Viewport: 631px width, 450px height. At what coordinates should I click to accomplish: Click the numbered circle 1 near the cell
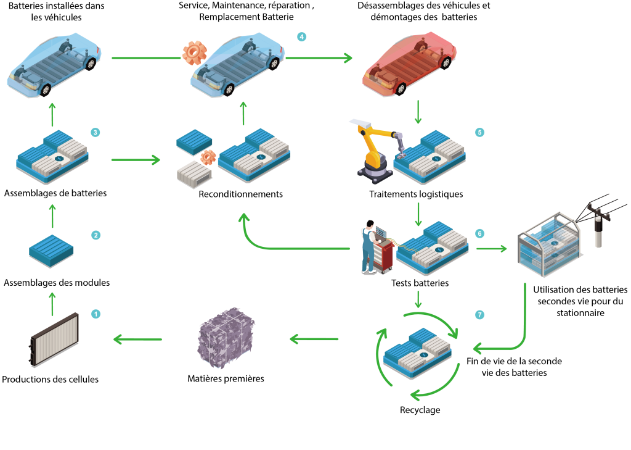click(96, 314)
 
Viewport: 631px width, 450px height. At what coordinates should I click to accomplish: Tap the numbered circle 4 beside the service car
click(301, 36)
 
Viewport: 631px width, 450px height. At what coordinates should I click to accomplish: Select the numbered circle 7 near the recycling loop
click(479, 315)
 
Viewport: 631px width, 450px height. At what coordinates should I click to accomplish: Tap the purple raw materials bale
click(226, 338)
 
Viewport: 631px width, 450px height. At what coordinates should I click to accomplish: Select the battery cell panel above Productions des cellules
click(54, 339)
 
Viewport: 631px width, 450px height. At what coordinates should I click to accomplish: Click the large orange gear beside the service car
click(194, 52)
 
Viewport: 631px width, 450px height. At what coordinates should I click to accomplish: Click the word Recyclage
click(420, 410)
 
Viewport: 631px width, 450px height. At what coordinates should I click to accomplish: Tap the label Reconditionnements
click(241, 194)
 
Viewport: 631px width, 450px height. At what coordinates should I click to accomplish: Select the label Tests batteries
click(420, 283)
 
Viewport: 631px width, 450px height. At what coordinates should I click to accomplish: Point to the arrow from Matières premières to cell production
click(137, 339)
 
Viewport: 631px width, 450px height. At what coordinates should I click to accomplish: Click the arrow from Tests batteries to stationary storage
click(491, 249)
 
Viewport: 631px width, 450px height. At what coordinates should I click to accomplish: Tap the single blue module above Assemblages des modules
click(51, 251)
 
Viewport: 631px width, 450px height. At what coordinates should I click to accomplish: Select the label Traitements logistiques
click(416, 194)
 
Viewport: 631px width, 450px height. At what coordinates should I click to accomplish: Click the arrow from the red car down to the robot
click(418, 112)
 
